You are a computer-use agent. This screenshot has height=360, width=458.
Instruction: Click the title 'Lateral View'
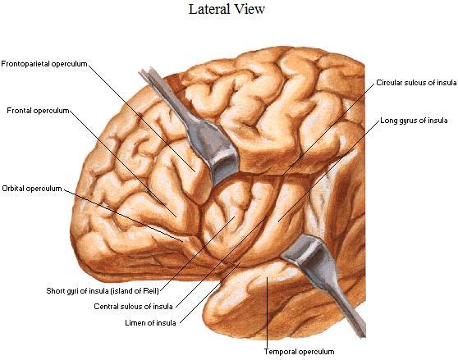[227, 9]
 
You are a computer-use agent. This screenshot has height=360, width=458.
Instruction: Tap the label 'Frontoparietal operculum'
[44, 64]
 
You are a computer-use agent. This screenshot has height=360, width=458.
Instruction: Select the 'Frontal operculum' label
[38, 111]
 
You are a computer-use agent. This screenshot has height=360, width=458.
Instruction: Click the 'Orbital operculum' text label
[32, 189]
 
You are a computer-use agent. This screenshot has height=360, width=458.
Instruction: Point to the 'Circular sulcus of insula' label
[416, 83]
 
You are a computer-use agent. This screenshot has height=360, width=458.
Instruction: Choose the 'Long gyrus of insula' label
[414, 121]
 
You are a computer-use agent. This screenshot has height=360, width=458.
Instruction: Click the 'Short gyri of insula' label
[103, 291]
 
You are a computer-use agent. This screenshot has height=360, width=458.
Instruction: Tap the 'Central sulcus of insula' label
[133, 307]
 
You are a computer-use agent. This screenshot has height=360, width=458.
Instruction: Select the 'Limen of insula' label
[150, 323]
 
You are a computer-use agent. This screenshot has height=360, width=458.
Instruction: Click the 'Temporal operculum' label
[299, 352]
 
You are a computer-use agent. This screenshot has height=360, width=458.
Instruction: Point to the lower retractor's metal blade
[304, 248]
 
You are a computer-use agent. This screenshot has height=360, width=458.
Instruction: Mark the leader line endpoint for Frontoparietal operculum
[195, 172]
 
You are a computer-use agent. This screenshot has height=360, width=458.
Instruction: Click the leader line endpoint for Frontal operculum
[176, 217]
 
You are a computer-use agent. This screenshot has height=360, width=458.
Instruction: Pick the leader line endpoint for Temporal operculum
[267, 277]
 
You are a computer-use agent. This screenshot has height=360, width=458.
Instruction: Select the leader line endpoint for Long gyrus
[278, 221]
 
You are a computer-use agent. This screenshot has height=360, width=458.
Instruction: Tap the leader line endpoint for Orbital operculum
[183, 242]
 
